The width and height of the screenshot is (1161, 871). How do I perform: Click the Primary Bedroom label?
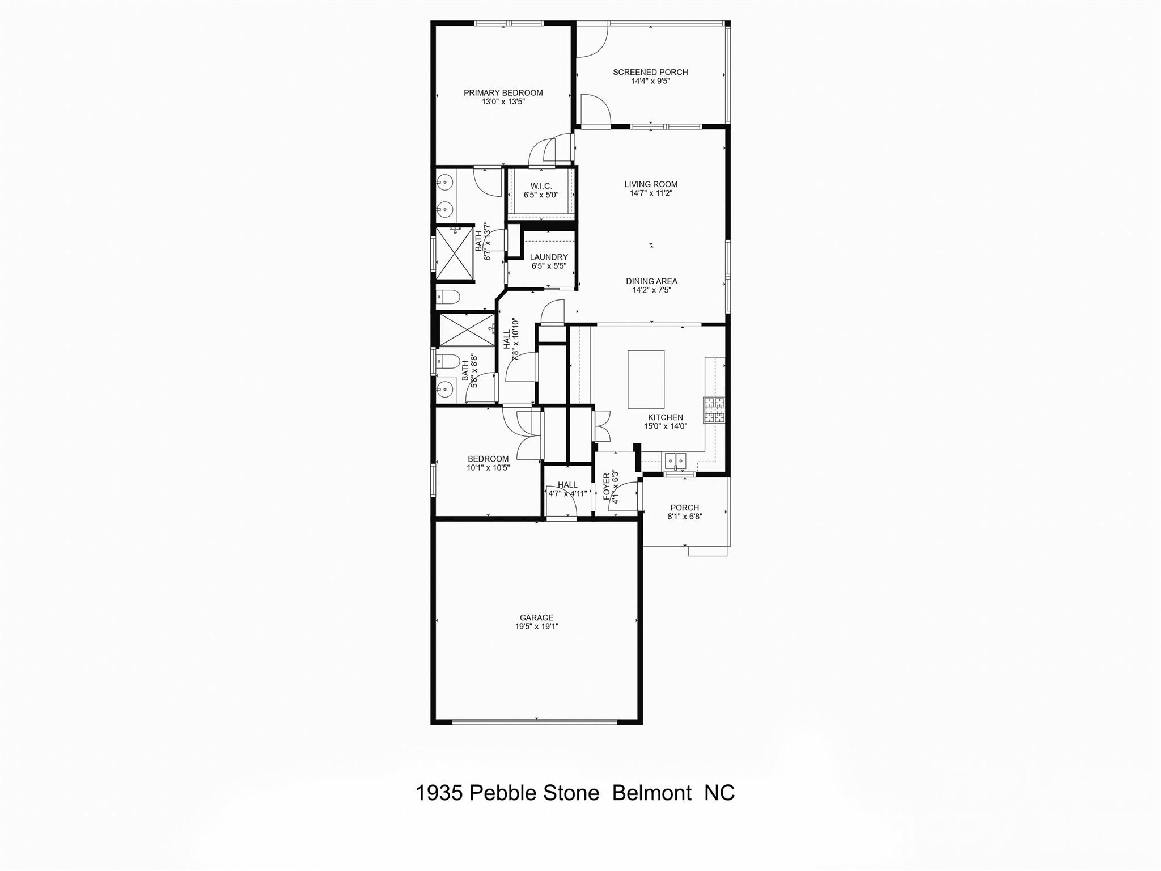coord(503,92)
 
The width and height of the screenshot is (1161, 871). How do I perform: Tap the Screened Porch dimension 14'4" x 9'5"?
coord(650,81)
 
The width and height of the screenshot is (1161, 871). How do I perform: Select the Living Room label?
coord(651,184)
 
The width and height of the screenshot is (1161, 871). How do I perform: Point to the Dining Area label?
coord(651,281)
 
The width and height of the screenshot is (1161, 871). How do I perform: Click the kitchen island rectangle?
coord(646,379)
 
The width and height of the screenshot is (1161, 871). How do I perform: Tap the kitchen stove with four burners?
coord(714,410)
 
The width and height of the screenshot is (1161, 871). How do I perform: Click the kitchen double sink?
coord(675,460)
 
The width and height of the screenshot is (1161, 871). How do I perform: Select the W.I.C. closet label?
coord(541,186)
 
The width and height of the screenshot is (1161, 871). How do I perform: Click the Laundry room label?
coord(548,257)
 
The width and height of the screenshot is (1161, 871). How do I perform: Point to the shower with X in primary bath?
coord(454,253)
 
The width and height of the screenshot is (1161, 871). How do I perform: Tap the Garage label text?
coord(536,618)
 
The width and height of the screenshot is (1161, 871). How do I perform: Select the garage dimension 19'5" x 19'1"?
coord(536,627)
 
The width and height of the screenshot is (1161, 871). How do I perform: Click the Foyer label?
coord(607,487)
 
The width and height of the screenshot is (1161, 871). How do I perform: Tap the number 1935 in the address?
coord(439,793)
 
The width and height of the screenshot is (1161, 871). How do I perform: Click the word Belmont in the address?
coord(652,793)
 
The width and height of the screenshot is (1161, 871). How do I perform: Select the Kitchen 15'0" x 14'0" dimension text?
coord(665,426)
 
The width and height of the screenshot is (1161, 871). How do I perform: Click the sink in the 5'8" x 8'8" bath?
coord(445,389)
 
